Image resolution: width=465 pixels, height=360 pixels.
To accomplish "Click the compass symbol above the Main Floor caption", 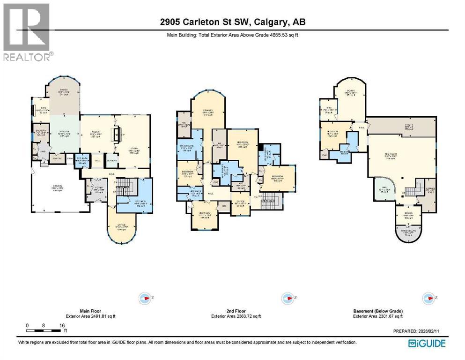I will pyautogui.click(x=146, y=298).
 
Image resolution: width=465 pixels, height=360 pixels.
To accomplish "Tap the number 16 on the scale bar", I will pyautogui.click(x=61, y=325).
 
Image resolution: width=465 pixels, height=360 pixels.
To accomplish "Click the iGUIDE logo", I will pyautogui.click(x=427, y=344).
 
